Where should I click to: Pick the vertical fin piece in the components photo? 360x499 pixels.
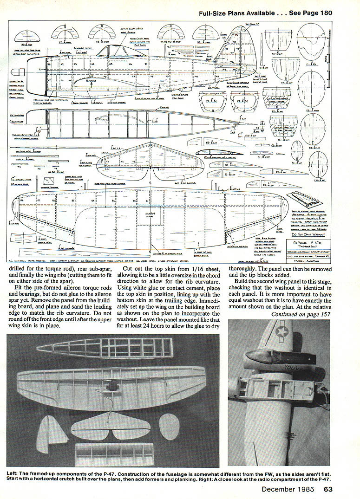[52, 434]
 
